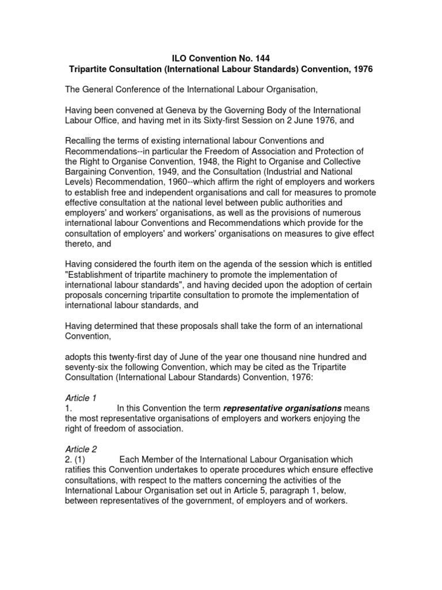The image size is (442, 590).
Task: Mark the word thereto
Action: tap(79, 244)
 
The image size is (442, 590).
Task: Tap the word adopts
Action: tap(79, 357)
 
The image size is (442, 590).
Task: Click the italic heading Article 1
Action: tap(81, 398)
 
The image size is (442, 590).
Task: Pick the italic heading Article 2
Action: tap(81, 449)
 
